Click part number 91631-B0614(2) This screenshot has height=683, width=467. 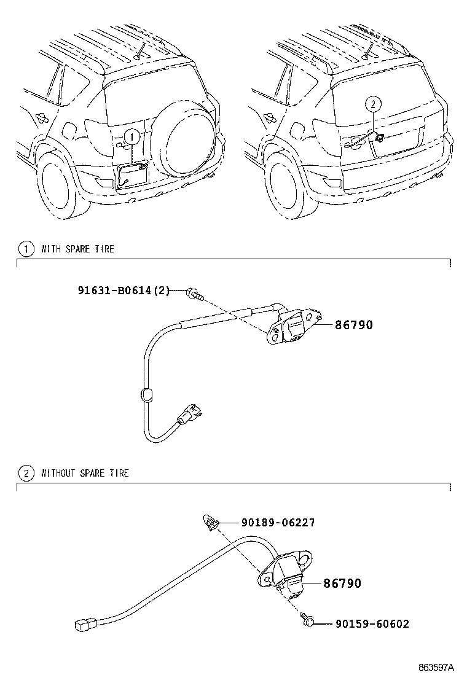122,290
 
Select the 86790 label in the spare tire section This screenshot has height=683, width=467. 353,325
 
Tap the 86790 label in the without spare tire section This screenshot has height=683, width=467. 342,583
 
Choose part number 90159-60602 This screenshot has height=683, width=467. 372,624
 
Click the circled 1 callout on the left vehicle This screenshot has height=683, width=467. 131,136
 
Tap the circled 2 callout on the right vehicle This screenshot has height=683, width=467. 371,104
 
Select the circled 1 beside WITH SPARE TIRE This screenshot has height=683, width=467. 25,249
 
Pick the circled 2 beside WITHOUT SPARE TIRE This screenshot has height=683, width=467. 25,473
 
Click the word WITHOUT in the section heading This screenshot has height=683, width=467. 58,474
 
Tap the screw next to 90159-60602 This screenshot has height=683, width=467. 307,622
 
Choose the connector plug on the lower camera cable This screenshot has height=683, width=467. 83,624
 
